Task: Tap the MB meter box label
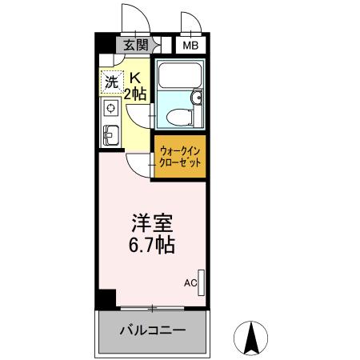190,46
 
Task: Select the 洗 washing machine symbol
112,81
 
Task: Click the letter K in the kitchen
135,78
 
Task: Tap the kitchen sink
110,134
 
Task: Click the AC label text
190,282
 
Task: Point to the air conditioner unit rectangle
201,282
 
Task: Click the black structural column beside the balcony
101,300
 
